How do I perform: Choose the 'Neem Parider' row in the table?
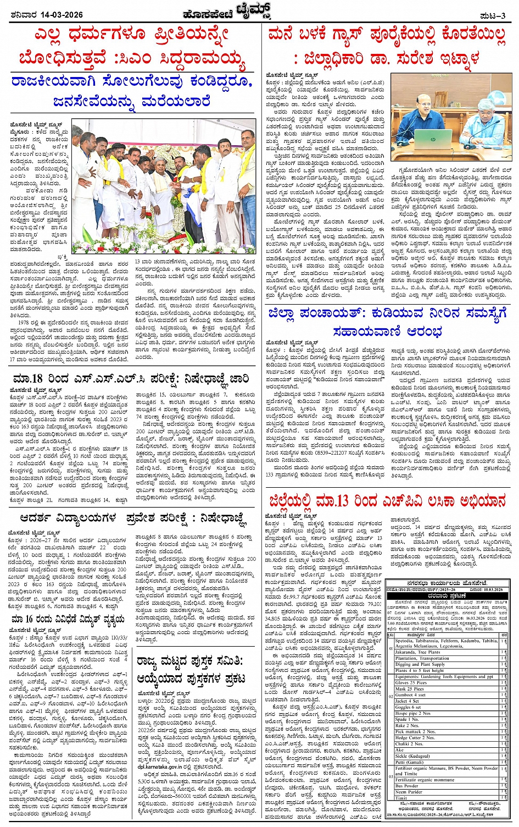tap(409, 792)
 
